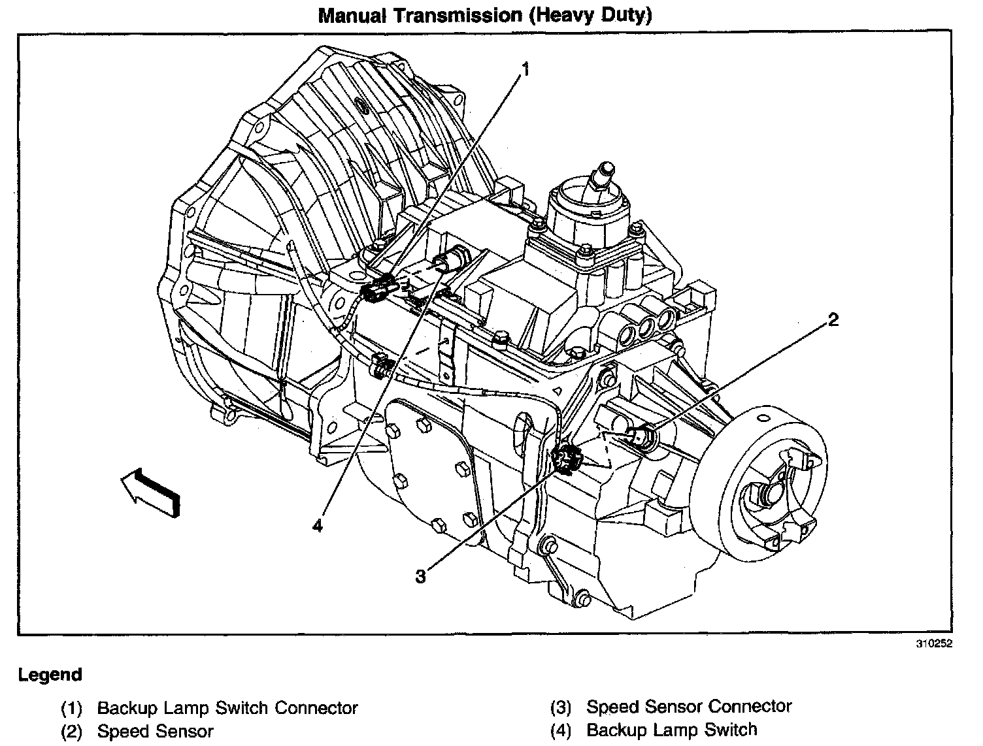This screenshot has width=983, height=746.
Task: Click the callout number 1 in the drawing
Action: pyautogui.click(x=525, y=68)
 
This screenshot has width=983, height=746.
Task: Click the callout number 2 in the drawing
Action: pyautogui.click(x=833, y=320)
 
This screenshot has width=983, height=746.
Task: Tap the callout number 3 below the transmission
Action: pyautogui.click(x=421, y=576)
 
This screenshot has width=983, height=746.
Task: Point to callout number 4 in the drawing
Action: pyautogui.click(x=318, y=525)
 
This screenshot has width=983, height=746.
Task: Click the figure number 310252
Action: pyautogui.click(x=935, y=643)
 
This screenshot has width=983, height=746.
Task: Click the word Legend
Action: pyautogui.click(x=50, y=675)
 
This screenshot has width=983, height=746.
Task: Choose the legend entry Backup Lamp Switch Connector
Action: pyautogui.click(x=227, y=708)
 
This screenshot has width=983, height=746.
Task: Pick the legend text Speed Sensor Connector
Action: pyautogui.click(x=689, y=707)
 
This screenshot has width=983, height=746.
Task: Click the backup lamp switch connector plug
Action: pyautogui.click(x=378, y=289)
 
